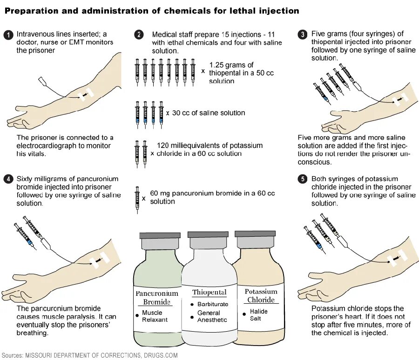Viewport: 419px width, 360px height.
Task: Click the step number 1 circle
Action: click(8, 34)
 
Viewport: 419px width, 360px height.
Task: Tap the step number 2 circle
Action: click(139, 34)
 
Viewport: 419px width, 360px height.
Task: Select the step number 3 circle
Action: click(303, 34)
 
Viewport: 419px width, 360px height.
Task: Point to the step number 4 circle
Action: click(8, 179)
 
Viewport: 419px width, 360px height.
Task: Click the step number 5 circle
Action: click(303, 179)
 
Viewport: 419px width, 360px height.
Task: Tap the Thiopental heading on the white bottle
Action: click(209, 293)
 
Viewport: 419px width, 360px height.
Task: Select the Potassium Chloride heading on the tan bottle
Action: click(261, 296)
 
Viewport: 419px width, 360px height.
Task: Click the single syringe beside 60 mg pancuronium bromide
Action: click(137, 200)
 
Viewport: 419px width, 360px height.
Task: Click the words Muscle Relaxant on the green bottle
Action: click(155, 316)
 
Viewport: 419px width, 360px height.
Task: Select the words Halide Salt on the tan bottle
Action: click(255, 315)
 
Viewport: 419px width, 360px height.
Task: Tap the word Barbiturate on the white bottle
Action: click(213, 304)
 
